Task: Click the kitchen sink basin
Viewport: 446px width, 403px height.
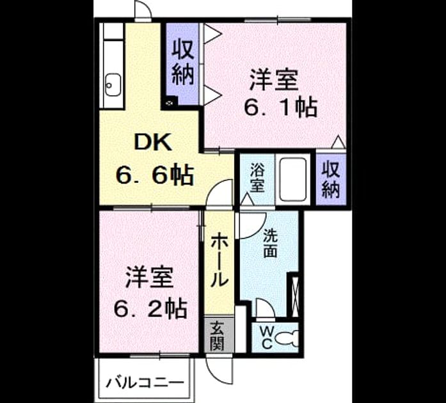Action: [113, 85]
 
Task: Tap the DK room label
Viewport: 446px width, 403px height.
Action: [153, 143]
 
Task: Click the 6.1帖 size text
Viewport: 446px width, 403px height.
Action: [280, 107]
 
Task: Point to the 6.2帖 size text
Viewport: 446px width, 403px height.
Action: [150, 308]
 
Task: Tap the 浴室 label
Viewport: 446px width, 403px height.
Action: [257, 178]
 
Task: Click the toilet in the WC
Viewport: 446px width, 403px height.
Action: [287, 338]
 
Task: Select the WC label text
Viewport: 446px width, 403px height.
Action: [267, 338]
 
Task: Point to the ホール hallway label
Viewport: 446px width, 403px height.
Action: [219, 260]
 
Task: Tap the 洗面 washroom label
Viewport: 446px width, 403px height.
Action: [270, 243]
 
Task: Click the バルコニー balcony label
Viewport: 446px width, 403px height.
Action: [145, 383]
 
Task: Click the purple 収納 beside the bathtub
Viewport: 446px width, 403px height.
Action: [331, 179]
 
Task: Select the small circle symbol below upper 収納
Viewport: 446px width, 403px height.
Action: [170, 103]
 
